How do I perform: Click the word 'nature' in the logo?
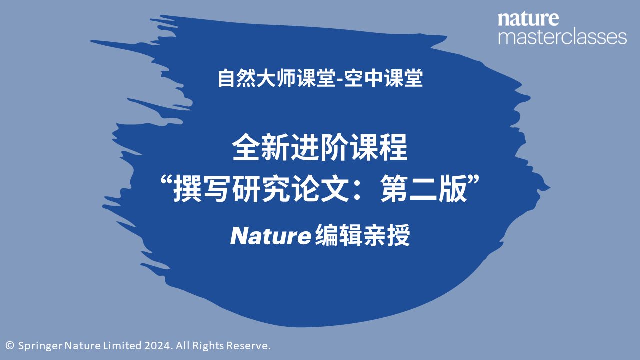pyautogui.click(x=528, y=19)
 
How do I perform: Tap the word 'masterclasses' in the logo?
pyautogui.click(x=562, y=37)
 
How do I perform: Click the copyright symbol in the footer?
pyautogui.click(x=9, y=345)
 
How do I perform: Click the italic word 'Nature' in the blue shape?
pyautogui.click(x=271, y=237)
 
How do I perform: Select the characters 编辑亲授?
pyautogui.click(x=363, y=236)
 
